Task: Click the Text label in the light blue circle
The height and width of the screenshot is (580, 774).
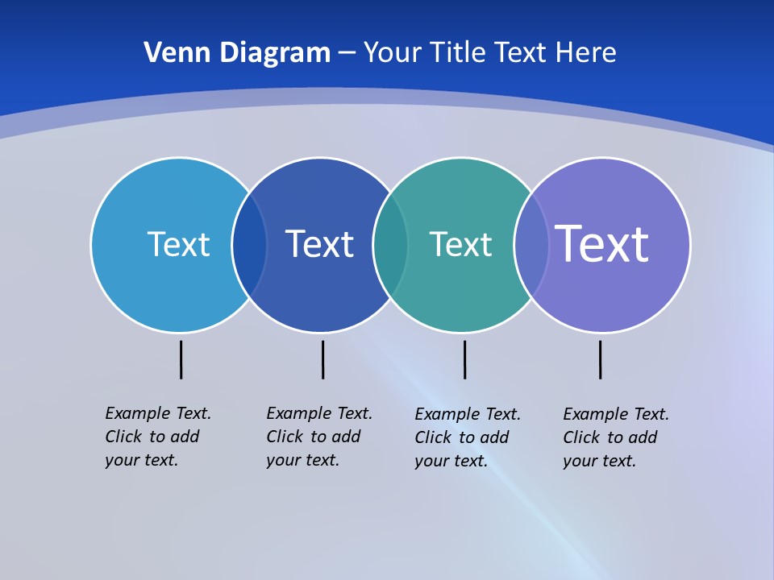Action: point(178,244)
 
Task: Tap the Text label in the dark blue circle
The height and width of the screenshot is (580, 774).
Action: point(319,244)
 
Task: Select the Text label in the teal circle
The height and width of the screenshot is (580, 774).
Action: point(460,244)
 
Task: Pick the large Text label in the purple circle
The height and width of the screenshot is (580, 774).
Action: point(601,244)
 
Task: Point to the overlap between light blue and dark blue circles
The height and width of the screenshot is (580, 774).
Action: point(249,245)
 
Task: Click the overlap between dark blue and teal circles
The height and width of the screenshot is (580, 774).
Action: point(390,245)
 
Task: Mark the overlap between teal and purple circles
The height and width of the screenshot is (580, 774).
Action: point(531,245)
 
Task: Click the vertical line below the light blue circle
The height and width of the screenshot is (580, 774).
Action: point(181,359)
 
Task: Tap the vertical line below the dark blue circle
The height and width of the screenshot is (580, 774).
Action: point(322,359)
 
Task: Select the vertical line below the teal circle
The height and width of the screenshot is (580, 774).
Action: point(464,359)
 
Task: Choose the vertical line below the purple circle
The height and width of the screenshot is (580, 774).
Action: point(600,359)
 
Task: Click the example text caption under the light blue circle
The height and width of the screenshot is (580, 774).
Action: point(157,437)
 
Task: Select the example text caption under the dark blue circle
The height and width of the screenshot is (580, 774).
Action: point(318,437)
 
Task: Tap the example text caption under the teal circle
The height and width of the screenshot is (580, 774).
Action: point(467,437)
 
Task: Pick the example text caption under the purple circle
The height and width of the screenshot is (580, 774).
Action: point(615,437)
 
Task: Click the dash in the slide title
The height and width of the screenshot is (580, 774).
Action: point(347,54)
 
